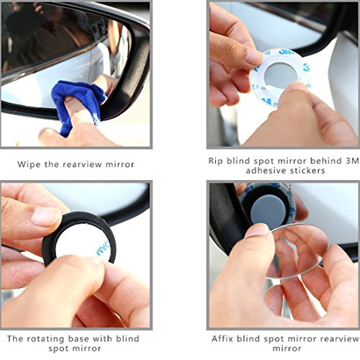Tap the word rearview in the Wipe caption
coord(82,164)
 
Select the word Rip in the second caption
coord(216,161)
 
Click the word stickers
coord(307,171)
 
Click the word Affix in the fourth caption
coord(222,338)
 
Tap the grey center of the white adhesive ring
coord(281,75)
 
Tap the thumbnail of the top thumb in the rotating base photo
coord(45,217)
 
